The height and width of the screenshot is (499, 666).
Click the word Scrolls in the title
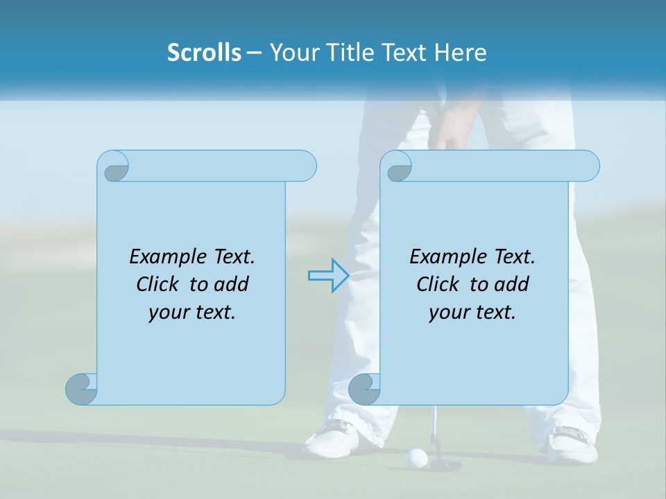204,53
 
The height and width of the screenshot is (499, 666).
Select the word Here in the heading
461,53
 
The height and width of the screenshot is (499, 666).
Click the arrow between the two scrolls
328,276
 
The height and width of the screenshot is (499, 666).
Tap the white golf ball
416,457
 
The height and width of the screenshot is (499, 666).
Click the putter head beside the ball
447,463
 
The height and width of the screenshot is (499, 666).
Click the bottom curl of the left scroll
81,389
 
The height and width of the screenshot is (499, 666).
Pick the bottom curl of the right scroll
364,389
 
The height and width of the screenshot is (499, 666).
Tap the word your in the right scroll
448,313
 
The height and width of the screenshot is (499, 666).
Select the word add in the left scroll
232,284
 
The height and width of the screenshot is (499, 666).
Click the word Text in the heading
405,53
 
